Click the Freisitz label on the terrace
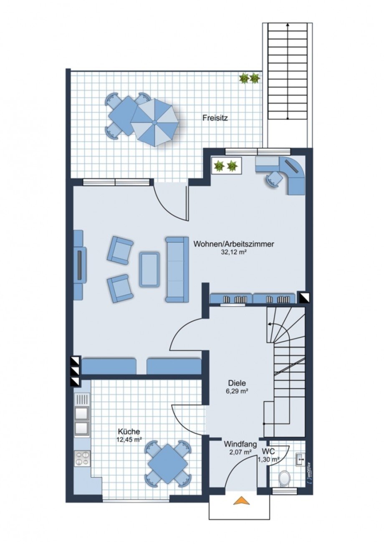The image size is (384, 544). pos(215,119)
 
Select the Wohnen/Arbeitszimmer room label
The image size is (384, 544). pos(233,244)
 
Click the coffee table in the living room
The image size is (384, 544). pos(149,270)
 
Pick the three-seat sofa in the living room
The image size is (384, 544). pos(177,270)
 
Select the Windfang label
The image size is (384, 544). pos(240,444)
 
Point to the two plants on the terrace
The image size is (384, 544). pos(249,78)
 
